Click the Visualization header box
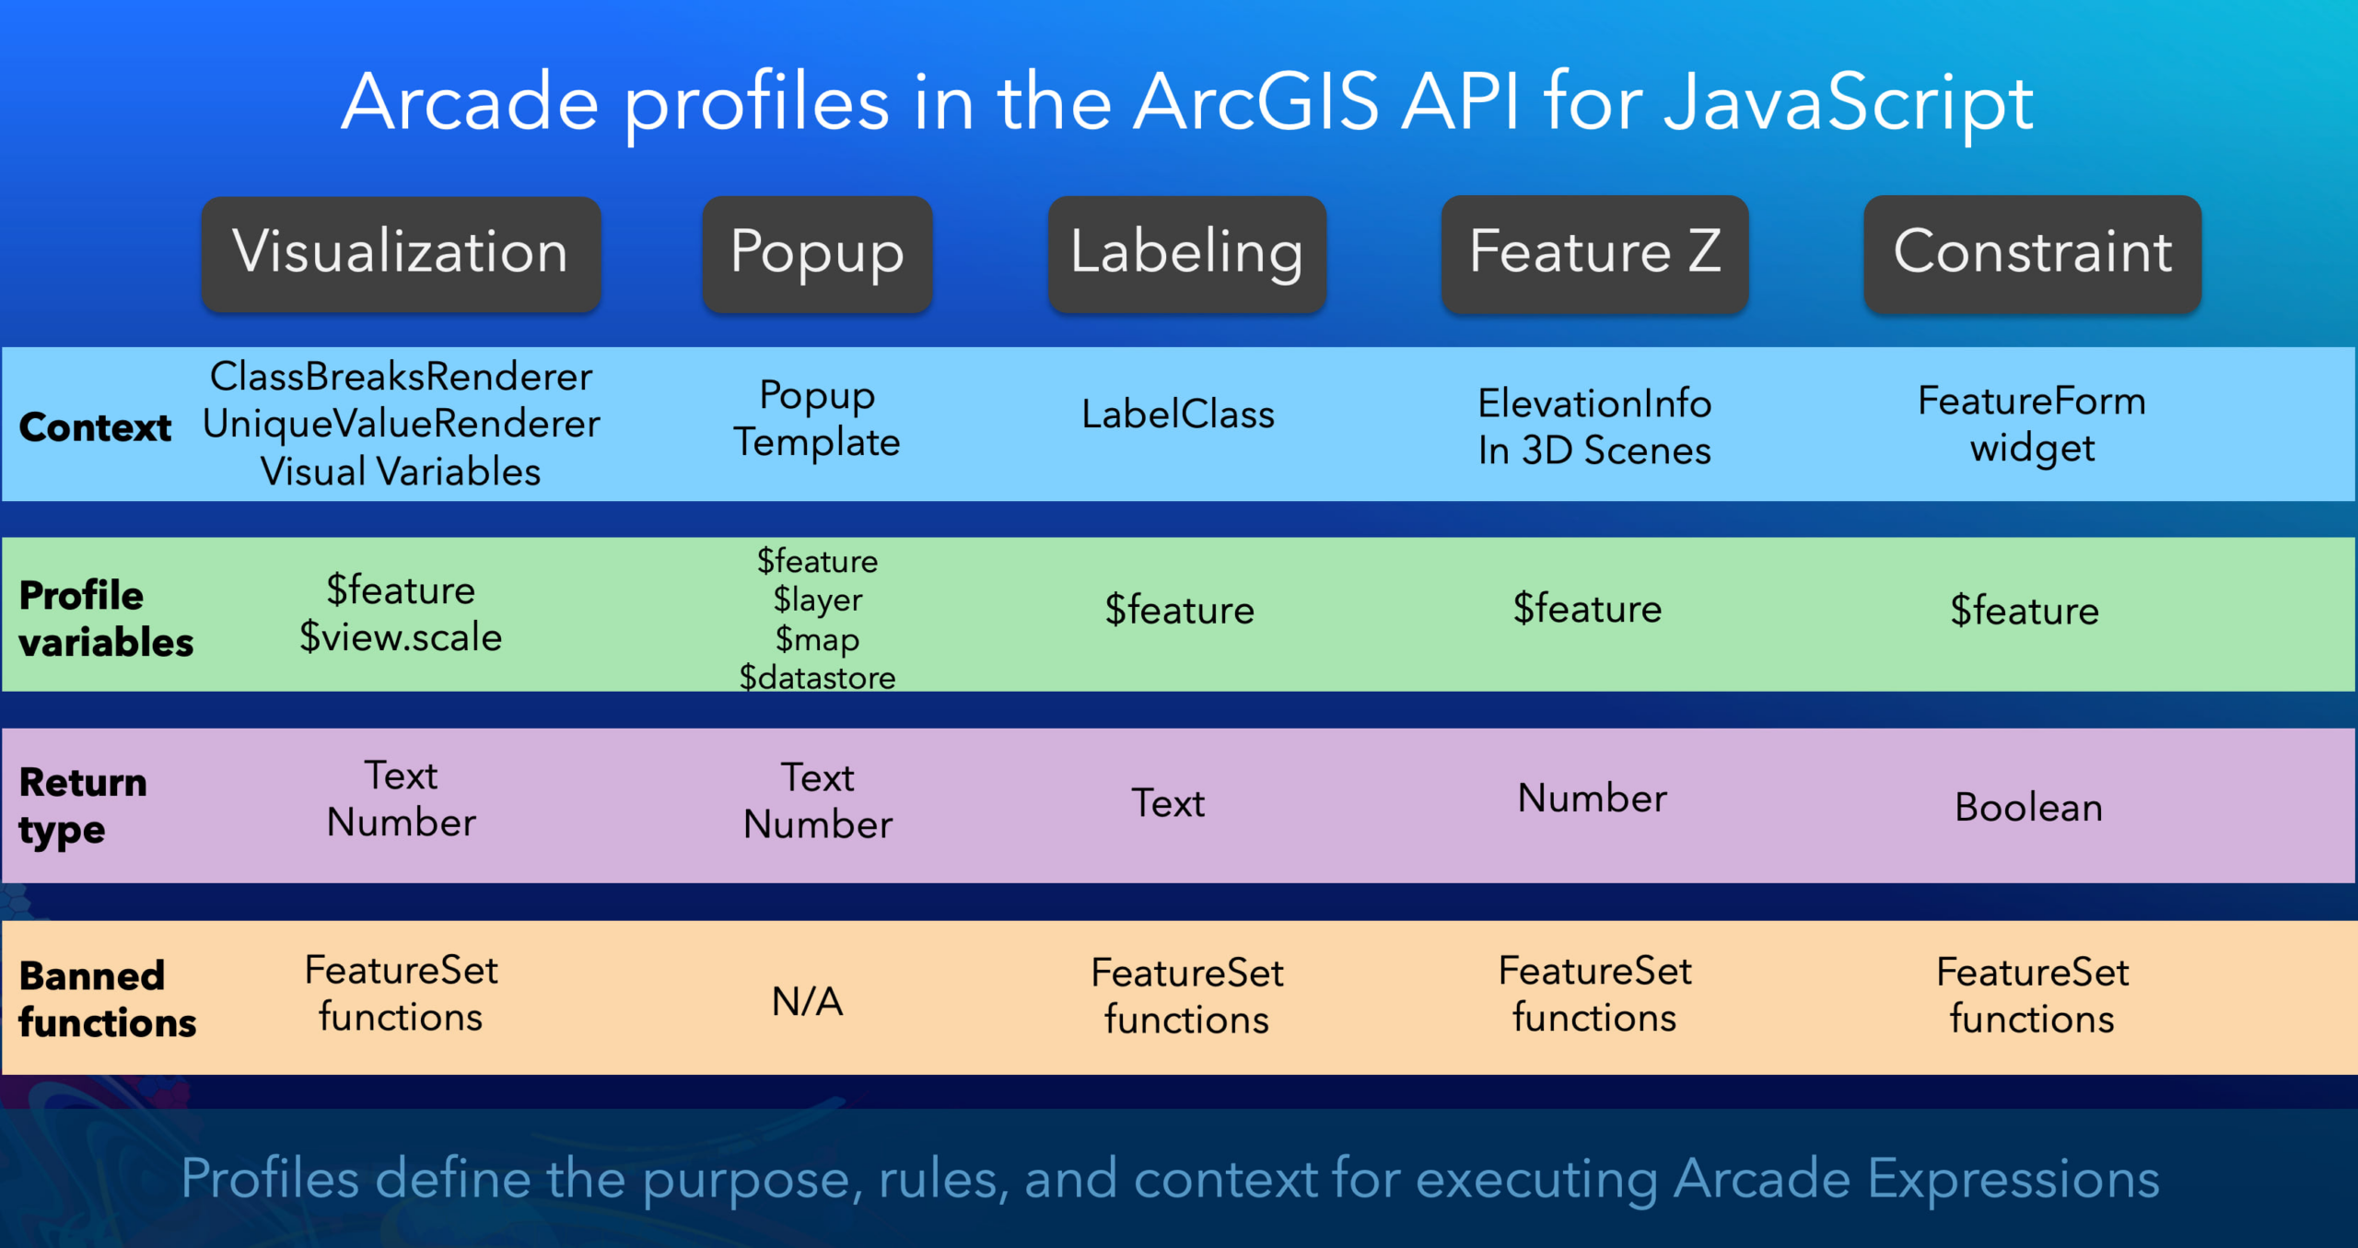click(x=401, y=253)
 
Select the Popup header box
click(x=817, y=253)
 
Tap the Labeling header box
click(x=1186, y=253)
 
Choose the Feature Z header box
click(x=1594, y=253)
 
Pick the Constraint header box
click(x=2032, y=253)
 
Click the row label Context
click(x=95, y=427)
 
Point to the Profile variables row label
click(x=106, y=619)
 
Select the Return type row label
click(x=83, y=807)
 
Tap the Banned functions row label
click(x=107, y=999)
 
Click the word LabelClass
click(x=1178, y=414)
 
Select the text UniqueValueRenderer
click(x=401, y=424)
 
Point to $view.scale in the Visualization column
click(x=401, y=637)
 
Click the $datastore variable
click(x=817, y=678)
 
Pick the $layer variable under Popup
click(x=817, y=600)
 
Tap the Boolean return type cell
click(x=2028, y=808)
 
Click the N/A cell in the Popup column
click(x=807, y=1001)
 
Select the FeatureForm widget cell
click(x=2032, y=425)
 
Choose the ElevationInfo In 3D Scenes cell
click(x=1594, y=427)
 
